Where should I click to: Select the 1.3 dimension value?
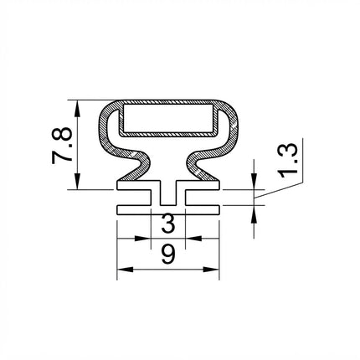(288, 161)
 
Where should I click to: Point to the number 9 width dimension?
(168, 255)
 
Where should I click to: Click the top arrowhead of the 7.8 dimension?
(77, 108)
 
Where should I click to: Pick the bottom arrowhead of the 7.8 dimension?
(77, 182)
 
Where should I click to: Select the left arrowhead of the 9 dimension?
(125, 270)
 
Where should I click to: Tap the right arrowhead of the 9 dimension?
(211, 270)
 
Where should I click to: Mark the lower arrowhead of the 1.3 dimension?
(254, 213)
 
